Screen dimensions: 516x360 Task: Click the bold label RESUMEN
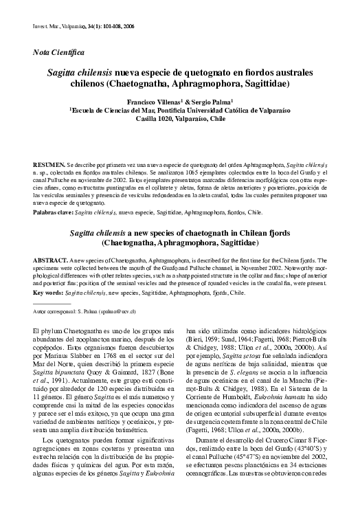49,167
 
